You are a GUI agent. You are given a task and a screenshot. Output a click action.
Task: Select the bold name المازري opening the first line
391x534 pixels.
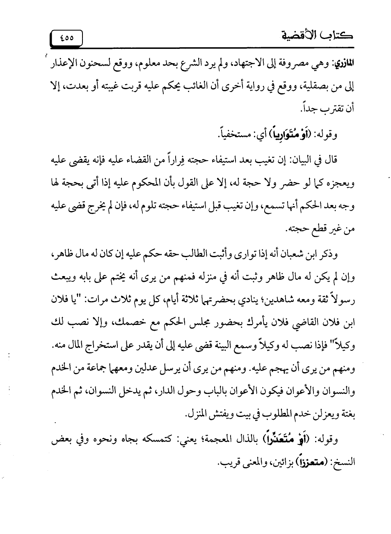(x=345, y=65)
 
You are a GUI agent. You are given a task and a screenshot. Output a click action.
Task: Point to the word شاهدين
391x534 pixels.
(x=277, y=301)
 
